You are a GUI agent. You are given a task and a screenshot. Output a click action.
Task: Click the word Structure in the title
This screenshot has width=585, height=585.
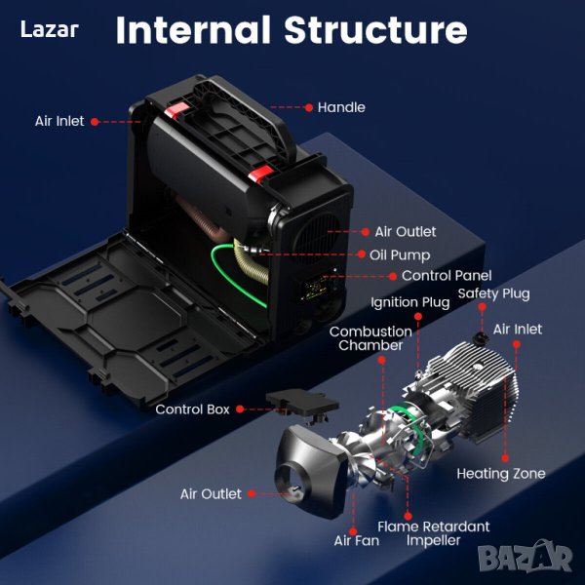pyautogui.click(x=375, y=30)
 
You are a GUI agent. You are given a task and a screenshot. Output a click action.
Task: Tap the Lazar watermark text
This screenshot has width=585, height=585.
pyautogui.click(x=50, y=30)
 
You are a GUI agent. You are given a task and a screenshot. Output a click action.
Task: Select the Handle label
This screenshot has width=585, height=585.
pyautogui.click(x=341, y=107)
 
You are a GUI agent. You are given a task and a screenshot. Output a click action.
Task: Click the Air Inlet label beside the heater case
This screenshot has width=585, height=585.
pyautogui.click(x=59, y=122)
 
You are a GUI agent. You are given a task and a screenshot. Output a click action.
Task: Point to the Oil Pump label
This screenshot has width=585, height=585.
pyautogui.click(x=400, y=255)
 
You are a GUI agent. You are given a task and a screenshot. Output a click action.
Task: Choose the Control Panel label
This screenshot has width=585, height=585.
pyautogui.click(x=447, y=276)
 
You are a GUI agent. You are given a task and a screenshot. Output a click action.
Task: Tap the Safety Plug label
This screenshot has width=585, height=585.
pyautogui.click(x=494, y=293)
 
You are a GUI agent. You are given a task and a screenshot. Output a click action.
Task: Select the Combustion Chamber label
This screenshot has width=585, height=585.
pyautogui.click(x=370, y=338)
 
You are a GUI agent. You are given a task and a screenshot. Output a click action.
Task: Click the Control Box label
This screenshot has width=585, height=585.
pyautogui.click(x=192, y=409)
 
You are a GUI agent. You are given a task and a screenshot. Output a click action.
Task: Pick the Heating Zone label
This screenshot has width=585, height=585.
pyautogui.click(x=501, y=474)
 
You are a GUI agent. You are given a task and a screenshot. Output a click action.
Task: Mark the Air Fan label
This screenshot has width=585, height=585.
pyautogui.click(x=356, y=540)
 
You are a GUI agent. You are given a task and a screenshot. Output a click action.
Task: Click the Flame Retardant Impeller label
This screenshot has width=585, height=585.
pyautogui.click(x=434, y=533)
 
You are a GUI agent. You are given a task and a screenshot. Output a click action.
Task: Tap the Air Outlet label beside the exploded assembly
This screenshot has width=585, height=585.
pyautogui.click(x=211, y=494)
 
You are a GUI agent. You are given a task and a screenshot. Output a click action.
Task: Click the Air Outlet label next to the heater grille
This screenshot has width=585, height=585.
pyautogui.click(x=406, y=232)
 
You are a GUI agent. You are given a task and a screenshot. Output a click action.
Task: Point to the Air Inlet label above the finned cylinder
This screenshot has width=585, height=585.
pyautogui.click(x=518, y=330)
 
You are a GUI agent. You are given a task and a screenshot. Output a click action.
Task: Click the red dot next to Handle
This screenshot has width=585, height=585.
pyautogui.click(x=309, y=107)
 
